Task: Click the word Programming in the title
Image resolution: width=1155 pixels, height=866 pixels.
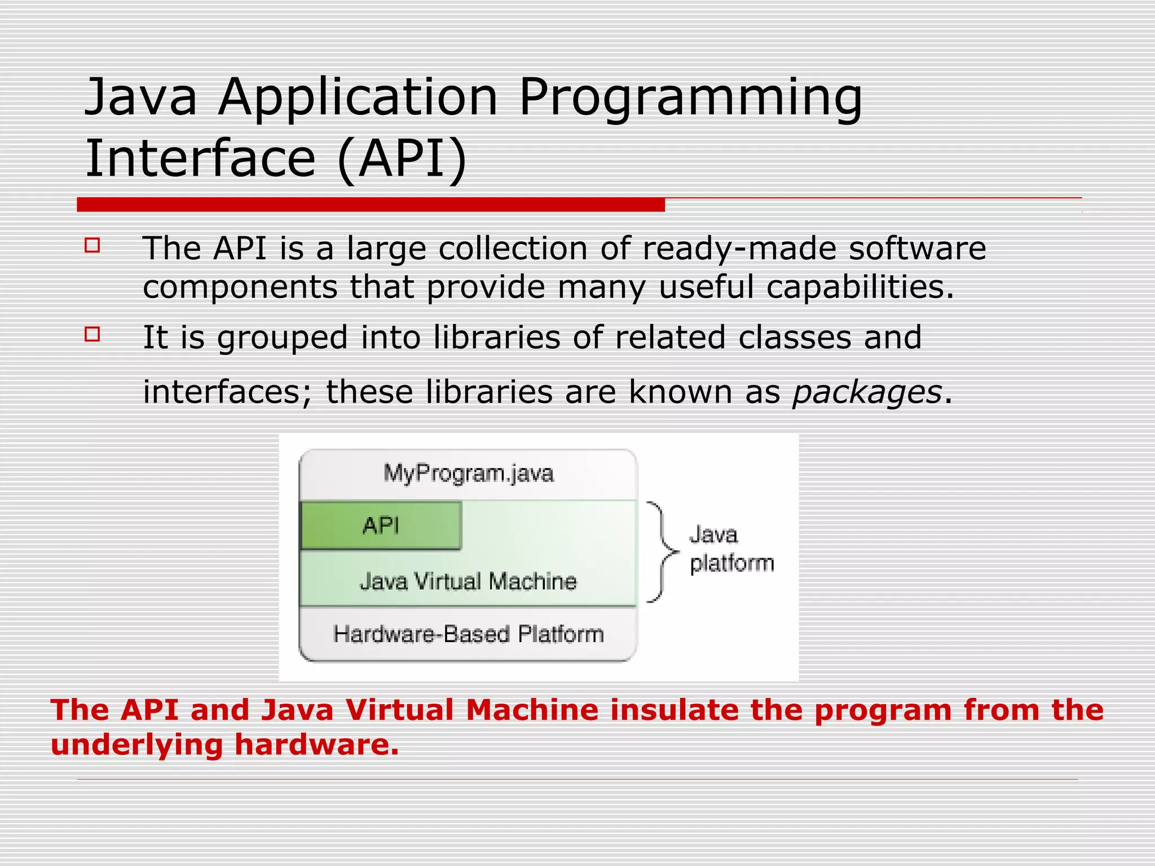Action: tap(690, 99)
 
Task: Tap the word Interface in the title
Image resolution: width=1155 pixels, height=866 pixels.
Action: tap(200, 159)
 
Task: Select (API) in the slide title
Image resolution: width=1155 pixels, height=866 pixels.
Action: tap(402, 159)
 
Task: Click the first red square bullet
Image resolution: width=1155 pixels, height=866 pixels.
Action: tap(92, 245)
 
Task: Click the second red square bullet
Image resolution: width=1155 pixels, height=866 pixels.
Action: tap(92, 334)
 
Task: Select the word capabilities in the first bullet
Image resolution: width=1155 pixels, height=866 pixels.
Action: tap(859, 287)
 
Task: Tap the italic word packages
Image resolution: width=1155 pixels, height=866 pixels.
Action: tap(867, 392)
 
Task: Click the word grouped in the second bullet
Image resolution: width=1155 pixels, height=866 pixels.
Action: tap(283, 338)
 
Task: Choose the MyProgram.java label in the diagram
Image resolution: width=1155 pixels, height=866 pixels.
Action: tap(468, 474)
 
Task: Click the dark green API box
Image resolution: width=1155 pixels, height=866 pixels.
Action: tap(381, 525)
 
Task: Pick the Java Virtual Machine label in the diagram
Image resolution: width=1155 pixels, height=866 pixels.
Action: tap(468, 581)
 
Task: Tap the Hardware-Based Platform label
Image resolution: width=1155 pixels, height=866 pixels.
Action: tap(468, 634)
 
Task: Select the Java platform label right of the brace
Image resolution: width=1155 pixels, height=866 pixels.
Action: tap(731, 549)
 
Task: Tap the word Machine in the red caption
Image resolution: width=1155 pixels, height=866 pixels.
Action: tap(532, 710)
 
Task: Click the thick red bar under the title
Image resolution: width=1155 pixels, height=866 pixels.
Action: tap(371, 205)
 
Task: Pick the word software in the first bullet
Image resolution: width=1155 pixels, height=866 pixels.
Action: tap(918, 249)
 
